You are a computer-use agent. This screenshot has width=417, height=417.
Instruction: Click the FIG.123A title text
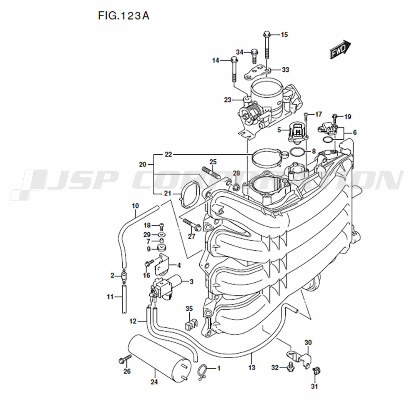[x=124, y=16]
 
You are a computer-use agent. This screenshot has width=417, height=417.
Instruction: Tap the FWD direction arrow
[x=340, y=49]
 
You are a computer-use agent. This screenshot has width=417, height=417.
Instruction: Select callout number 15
[x=284, y=35]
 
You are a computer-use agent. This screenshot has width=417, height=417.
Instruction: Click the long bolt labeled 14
[x=234, y=69]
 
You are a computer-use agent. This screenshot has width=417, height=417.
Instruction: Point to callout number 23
[x=228, y=100]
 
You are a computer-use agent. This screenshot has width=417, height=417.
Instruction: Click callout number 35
[x=189, y=309]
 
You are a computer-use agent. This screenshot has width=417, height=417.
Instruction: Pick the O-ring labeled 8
[x=297, y=152]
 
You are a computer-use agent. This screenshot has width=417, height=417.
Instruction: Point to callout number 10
[x=136, y=206]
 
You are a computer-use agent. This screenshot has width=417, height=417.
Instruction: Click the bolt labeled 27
[x=192, y=225]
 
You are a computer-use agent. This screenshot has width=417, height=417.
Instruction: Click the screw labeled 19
[x=335, y=119]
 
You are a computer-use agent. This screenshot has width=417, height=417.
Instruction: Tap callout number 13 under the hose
[x=251, y=367]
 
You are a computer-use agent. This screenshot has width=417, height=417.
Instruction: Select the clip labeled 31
[x=316, y=371]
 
